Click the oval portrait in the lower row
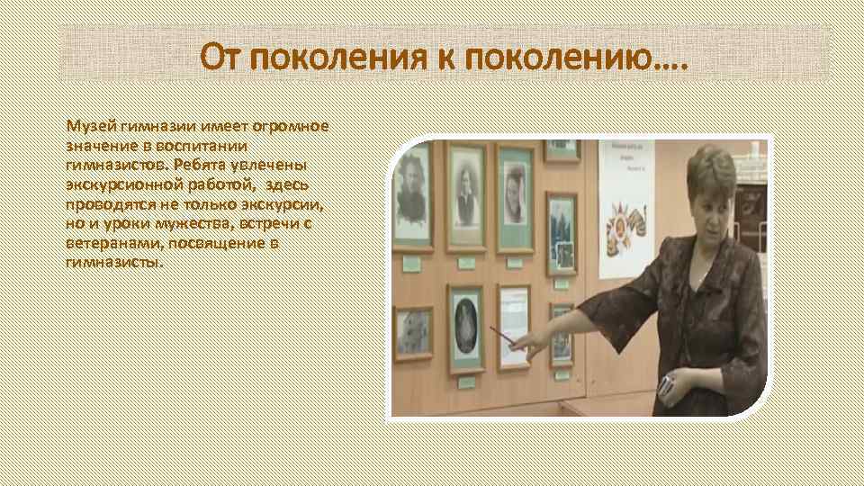[465, 326]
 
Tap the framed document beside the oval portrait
[514, 325]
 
